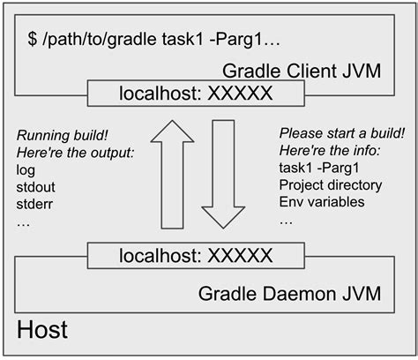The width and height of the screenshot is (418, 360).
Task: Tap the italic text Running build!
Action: point(61,137)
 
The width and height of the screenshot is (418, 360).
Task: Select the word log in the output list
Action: point(26,170)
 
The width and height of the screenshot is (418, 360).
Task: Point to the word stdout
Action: point(36,187)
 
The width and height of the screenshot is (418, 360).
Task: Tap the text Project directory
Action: point(330,185)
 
